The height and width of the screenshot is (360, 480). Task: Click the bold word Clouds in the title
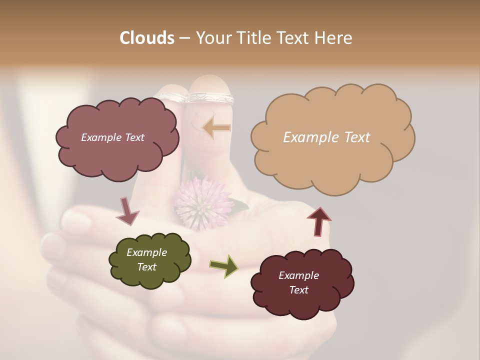click(x=146, y=38)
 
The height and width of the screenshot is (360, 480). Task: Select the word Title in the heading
click(x=255, y=38)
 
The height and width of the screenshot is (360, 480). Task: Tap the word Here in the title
click(x=333, y=38)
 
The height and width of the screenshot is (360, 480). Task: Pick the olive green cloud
click(x=149, y=260)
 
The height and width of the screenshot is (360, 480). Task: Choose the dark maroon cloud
click(x=302, y=282)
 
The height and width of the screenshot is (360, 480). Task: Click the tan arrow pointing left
click(x=217, y=128)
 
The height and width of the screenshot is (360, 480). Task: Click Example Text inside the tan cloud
click(x=326, y=137)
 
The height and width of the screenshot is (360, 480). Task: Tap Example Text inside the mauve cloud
click(x=112, y=137)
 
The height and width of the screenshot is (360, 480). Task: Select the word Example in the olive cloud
click(x=146, y=252)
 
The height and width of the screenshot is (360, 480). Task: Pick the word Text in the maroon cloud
click(x=298, y=290)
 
